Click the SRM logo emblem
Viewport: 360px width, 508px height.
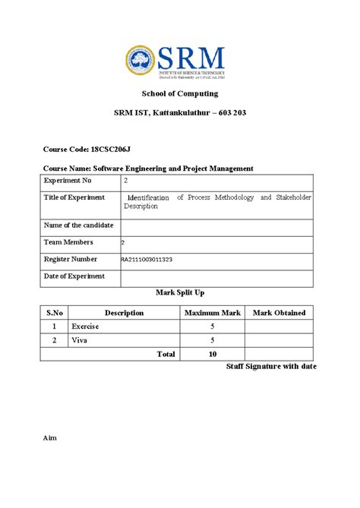(140, 60)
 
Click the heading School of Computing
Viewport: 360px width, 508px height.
(180, 93)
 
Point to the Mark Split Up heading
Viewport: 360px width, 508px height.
(180, 292)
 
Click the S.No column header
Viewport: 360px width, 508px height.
(55, 312)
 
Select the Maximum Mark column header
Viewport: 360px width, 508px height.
(212, 312)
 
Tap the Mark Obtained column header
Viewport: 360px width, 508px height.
(279, 312)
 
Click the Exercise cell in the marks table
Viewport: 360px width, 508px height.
(85, 327)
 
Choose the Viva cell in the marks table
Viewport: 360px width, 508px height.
(79, 340)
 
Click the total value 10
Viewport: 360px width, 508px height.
(212, 354)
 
